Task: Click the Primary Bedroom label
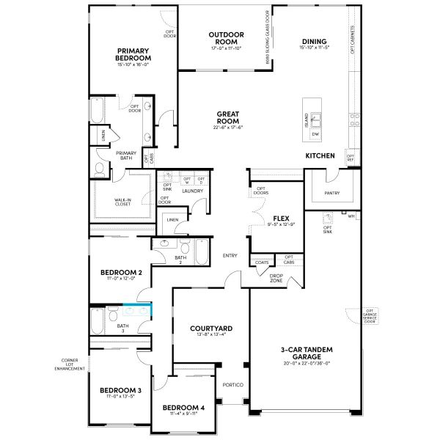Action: (133, 54)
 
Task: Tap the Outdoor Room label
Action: (226, 38)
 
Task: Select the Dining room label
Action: (313, 41)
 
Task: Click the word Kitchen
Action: (320, 156)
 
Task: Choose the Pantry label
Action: (332, 193)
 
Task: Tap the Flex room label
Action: (279, 219)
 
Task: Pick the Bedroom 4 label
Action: (183, 407)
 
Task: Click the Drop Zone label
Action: (276, 278)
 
